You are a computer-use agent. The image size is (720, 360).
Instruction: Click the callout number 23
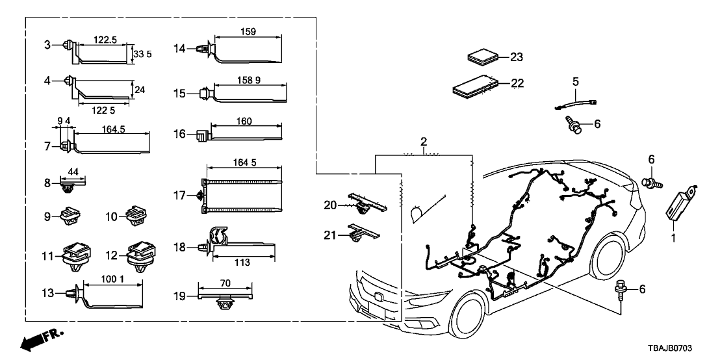516,57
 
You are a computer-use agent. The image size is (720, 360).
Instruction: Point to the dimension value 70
225,284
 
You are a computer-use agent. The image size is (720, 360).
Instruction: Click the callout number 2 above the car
424,142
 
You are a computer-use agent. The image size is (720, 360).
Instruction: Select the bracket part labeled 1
680,201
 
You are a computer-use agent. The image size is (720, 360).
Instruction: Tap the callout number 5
575,81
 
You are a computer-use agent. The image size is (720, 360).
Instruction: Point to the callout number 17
179,195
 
